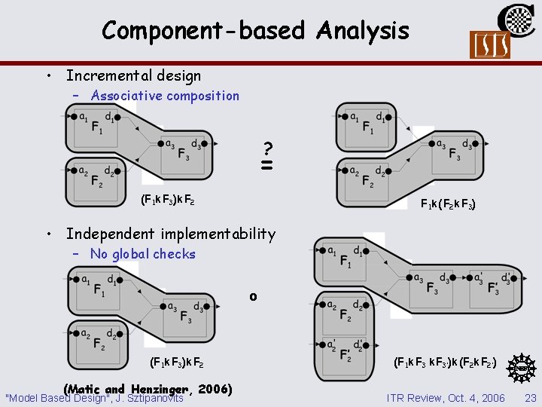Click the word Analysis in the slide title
pyautogui.click(x=363, y=31)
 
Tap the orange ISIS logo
pyautogui.click(x=489, y=45)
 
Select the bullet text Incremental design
pyautogui.click(x=133, y=75)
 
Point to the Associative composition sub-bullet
pyautogui.click(x=164, y=96)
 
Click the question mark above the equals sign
pyautogui.click(x=267, y=148)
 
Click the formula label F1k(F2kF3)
pyautogui.click(x=447, y=203)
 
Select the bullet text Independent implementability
pyautogui.click(x=171, y=234)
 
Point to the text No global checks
pyautogui.click(x=142, y=254)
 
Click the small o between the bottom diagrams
pyautogui.click(x=253, y=296)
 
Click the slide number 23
pyautogui.click(x=530, y=398)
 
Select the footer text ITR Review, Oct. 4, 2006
pyautogui.click(x=446, y=398)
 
